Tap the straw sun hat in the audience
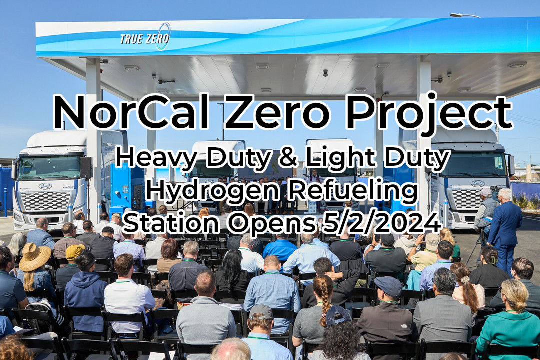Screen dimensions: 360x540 click(35, 256)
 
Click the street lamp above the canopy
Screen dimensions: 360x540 click(464, 15)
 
